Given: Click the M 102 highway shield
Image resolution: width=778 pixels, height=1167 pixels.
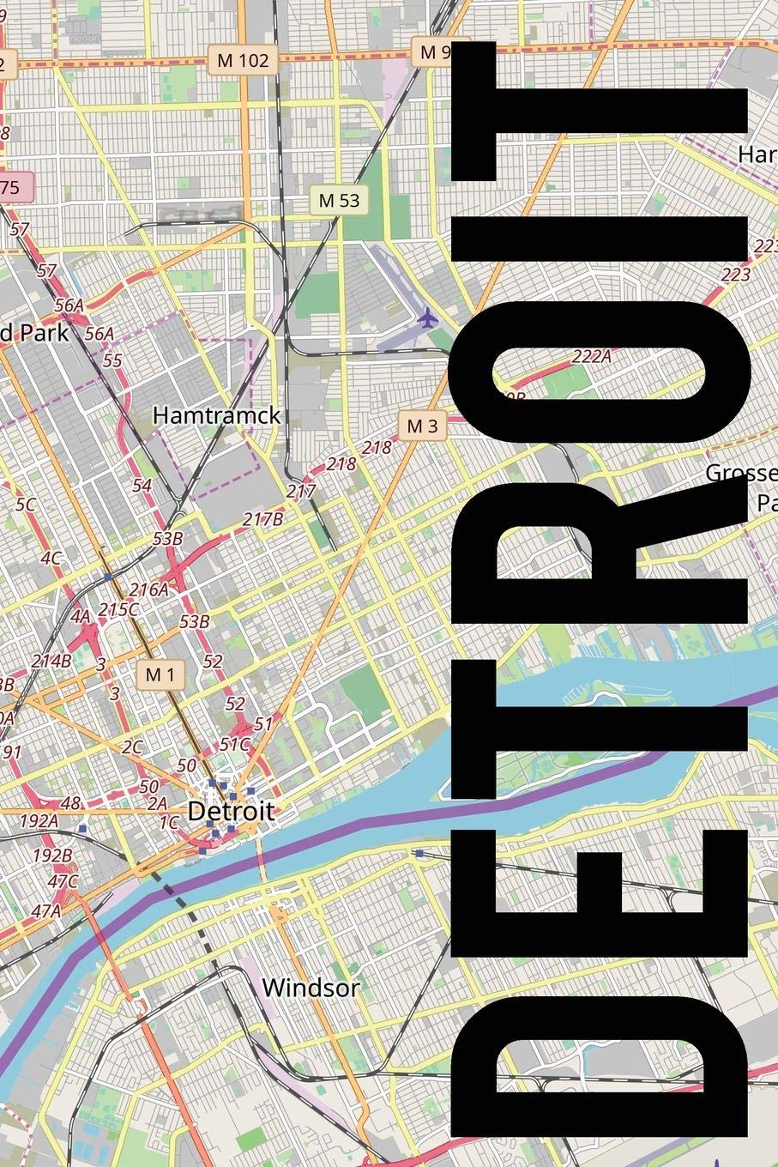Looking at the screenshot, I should coord(243,61).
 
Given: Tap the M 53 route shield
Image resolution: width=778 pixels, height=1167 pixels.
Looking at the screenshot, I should coord(339,201).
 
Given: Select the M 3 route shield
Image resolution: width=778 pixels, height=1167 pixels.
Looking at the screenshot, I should coord(422,426).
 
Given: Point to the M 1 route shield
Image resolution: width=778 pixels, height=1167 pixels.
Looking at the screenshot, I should coord(160,674).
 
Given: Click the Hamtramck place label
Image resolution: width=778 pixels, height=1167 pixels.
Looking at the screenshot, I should coord(216,415).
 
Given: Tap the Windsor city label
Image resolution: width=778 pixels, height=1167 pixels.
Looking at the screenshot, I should coord(311,988).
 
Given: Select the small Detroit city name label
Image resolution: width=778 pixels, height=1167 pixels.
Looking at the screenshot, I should coord(231,811).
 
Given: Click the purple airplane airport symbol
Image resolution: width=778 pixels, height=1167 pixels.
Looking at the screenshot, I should coord(427,319).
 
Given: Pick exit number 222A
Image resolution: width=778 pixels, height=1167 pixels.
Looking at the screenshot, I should coord(591,356).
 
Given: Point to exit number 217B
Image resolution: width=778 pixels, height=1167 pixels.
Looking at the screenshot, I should coord(262,519).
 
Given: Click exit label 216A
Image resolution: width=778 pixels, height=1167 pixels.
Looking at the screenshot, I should coord(148,590).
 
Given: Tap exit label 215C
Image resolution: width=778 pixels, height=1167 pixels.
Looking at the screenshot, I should coord(118,609).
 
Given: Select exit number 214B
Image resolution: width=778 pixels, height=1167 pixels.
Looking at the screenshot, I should coord(51,661).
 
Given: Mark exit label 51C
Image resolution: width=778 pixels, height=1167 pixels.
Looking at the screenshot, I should coord(234,744).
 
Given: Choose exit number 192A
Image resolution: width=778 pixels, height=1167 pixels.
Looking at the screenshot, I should coord(39,820).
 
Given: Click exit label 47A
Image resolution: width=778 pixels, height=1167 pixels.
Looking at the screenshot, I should coord(46,910).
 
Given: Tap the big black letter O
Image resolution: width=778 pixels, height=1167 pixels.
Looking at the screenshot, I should coord(600,369).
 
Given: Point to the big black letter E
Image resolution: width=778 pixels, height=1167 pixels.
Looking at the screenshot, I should coord(600,905).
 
